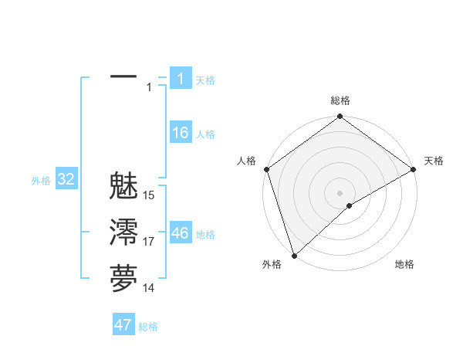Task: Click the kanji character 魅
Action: [x=123, y=187]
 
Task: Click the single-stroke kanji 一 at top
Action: [x=123, y=77]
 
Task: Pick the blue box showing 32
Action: [x=66, y=180]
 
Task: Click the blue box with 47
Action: [x=123, y=325]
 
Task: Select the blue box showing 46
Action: [x=180, y=233]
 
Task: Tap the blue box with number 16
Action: [x=180, y=133]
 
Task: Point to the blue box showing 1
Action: [x=180, y=78]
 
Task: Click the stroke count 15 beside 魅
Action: [x=149, y=195]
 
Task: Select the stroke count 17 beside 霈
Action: [x=149, y=242]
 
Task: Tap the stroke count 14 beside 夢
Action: [x=149, y=288]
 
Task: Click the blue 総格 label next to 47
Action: [x=148, y=327]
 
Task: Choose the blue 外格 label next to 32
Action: [x=41, y=181]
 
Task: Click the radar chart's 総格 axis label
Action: [x=340, y=100]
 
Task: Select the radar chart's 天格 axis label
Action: [x=434, y=161]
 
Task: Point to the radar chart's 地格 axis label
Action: [x=404, y=264]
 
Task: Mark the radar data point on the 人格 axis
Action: [x=266, y=168]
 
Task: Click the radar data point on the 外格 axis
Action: [x=294, y=255]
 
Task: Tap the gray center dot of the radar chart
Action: [x=340, y=192]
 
